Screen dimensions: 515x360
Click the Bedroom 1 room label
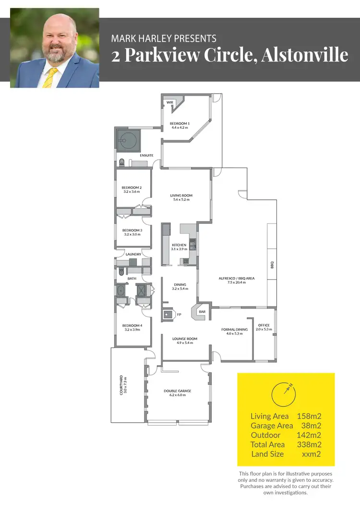coord(180,124)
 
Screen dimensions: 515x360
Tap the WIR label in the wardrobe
coord(170,103)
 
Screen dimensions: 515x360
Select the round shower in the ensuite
coord(127,141)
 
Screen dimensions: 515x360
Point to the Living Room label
coord(181,196)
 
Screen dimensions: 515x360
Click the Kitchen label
coord(179,245)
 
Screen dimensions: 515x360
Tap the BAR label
coord(202,312)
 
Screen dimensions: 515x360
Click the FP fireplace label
coord(179,315)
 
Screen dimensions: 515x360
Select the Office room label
coord(264,325)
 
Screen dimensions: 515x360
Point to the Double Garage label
coord(178,391)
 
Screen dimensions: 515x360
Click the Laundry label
coord(133,254)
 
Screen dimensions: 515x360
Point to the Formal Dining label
coord(234,330)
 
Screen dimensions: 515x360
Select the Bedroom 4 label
coord(132,326)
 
